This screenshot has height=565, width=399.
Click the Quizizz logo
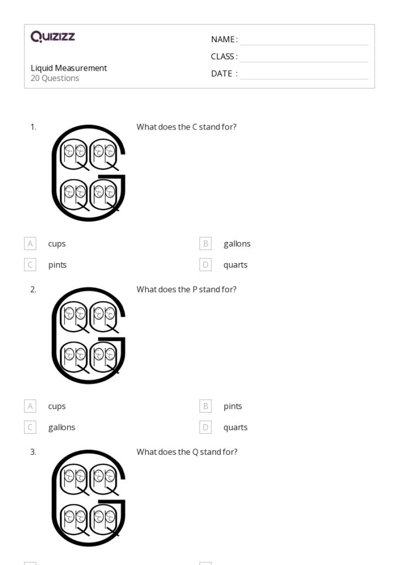53,38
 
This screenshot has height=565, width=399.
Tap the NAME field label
224,40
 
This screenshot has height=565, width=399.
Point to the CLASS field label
224,56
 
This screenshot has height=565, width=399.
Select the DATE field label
224,74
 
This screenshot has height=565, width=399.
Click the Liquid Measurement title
69,68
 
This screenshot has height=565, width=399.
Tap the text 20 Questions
55,78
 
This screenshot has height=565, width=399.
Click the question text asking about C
186,127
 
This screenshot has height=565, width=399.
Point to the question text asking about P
186,289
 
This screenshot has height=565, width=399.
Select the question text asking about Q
186,452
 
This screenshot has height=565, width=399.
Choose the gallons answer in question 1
237,244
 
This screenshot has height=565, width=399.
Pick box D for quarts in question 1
206,265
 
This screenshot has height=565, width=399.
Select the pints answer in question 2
233,406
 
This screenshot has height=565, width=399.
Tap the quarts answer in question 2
235,427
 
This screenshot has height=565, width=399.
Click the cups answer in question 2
56,406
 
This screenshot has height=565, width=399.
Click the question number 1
34,127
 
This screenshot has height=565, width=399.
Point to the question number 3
34,452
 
